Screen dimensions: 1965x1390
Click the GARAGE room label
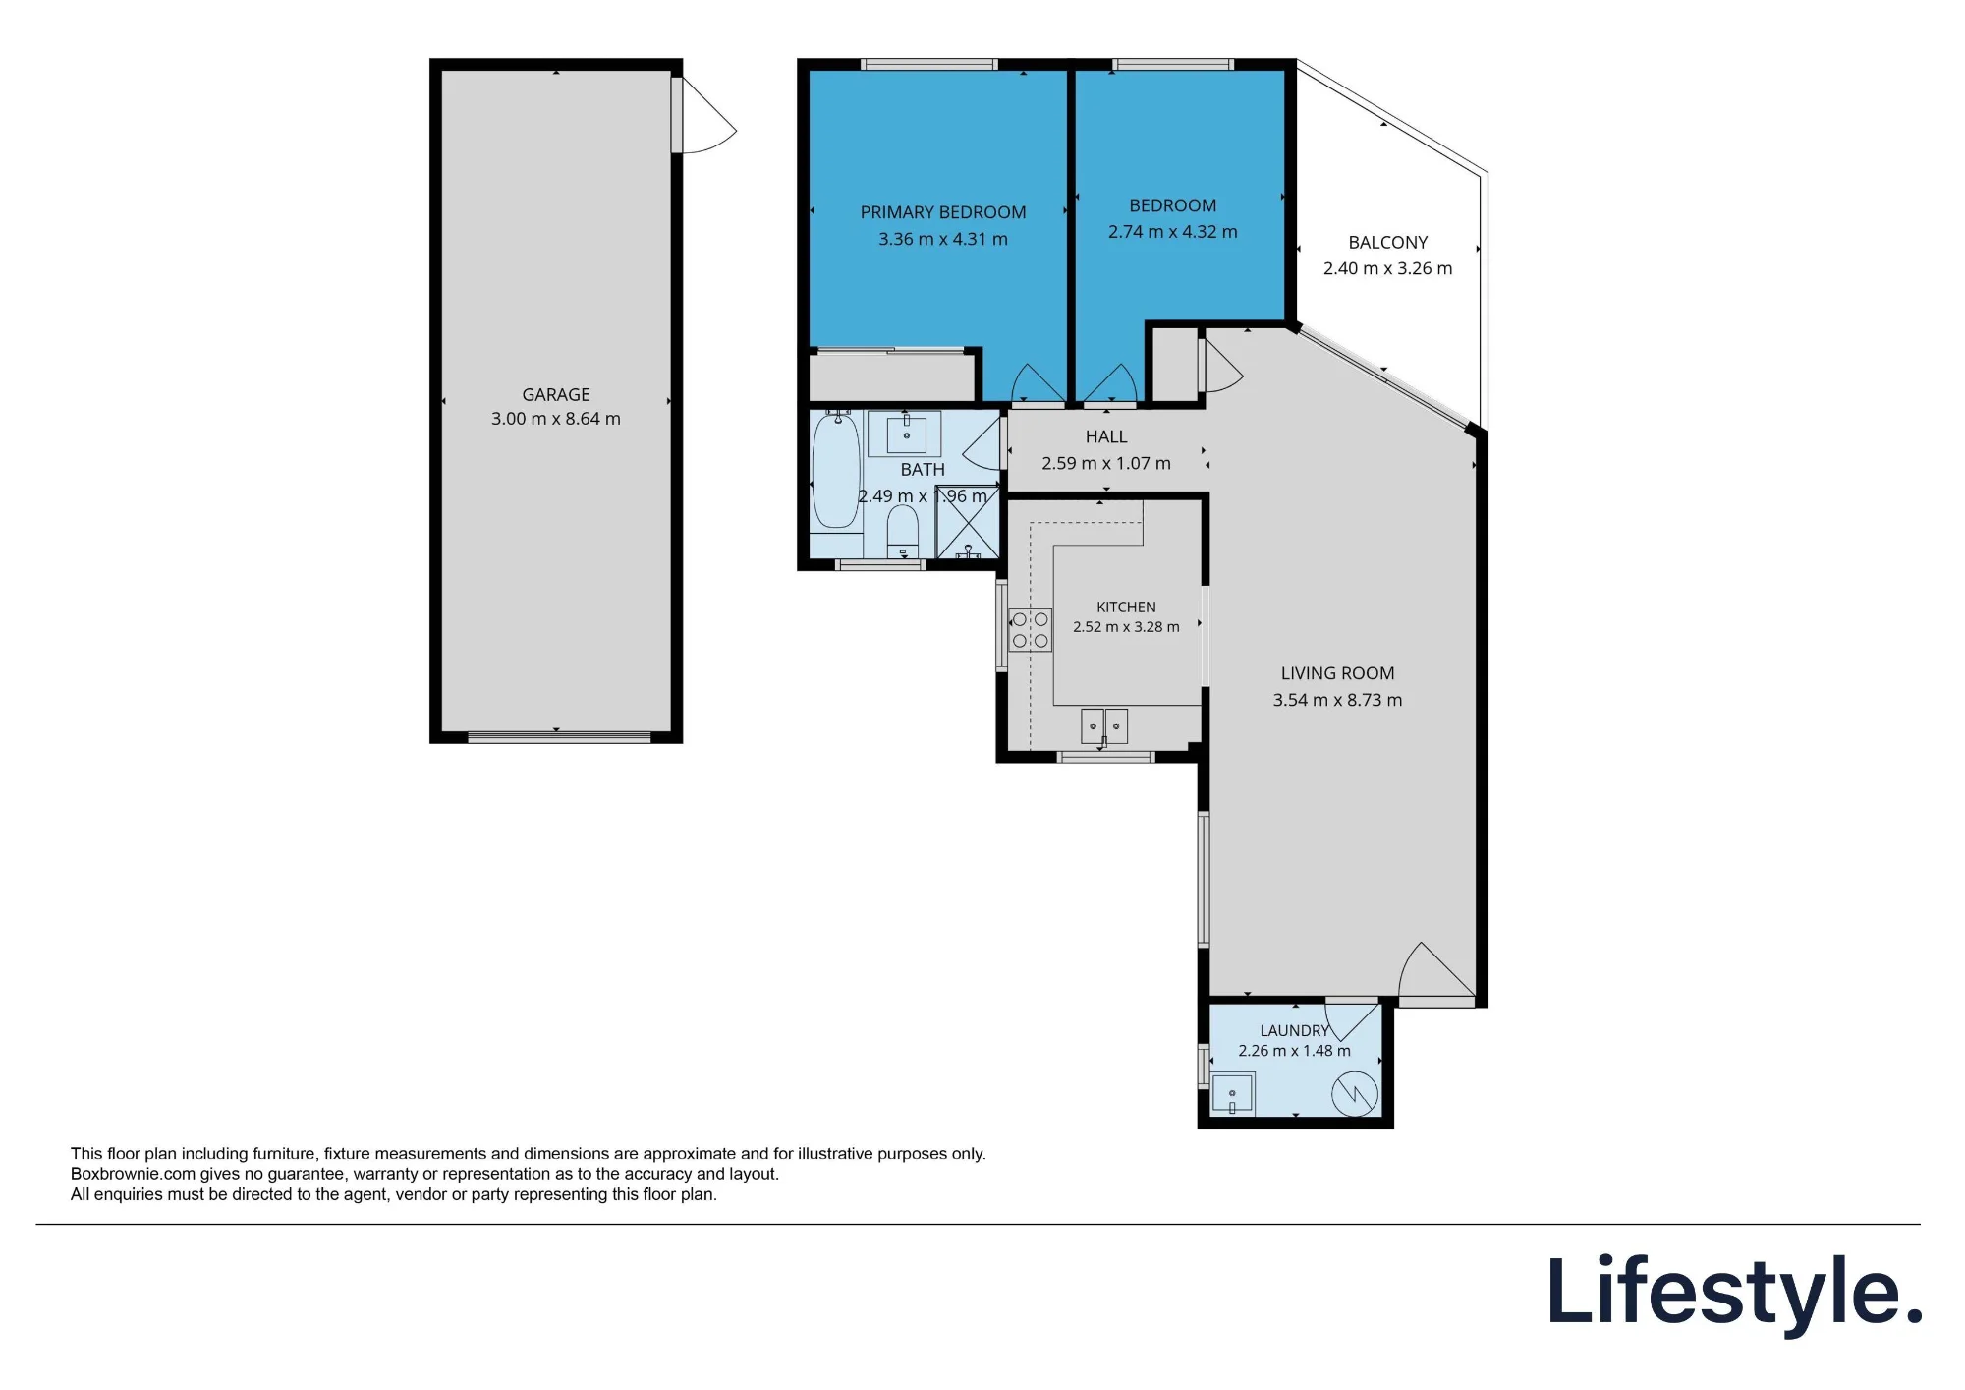point(556,394)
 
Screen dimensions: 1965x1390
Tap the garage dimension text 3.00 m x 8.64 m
point(556,419)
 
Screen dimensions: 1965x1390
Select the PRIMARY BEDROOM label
point(943,212)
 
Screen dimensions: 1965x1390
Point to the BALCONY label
point(1387,242)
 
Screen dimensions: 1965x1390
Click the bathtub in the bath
point(836,472)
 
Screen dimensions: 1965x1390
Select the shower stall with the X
point(968,524)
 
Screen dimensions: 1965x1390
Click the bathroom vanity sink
point(906,434)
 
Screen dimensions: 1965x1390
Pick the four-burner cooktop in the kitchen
point(1030,630)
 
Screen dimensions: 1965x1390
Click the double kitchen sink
point(1104,726)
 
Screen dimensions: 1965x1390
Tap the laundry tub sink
point(1232,1094)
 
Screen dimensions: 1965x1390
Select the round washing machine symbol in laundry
point(1355,1093)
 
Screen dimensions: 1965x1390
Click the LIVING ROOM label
point(1337,673)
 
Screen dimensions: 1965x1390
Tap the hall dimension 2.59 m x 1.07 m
point(1106,463)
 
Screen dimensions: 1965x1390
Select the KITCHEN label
point(1126,608)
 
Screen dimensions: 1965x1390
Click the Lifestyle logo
point(1735,1293)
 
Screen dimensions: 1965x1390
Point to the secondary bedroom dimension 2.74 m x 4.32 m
point(1173,232)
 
